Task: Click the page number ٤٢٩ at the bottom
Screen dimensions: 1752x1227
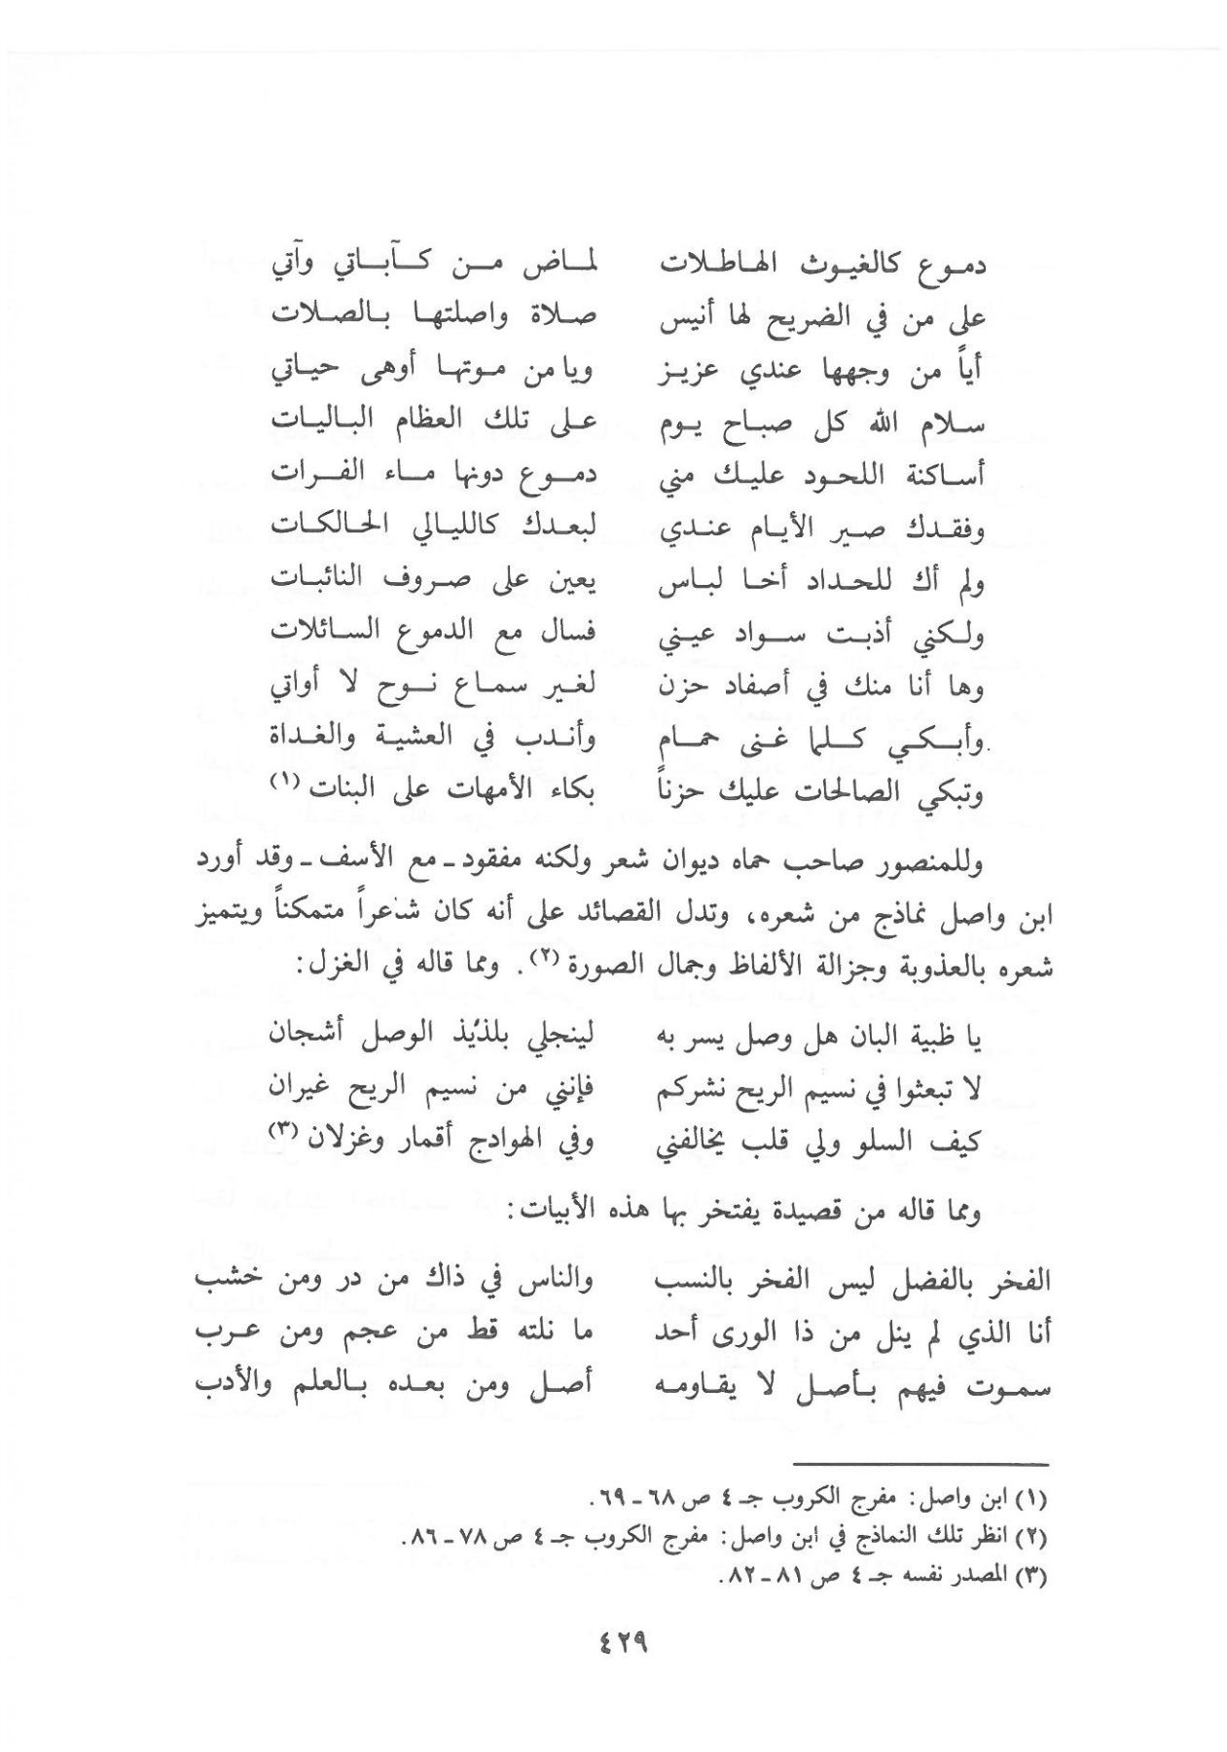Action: pos(619,1648)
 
